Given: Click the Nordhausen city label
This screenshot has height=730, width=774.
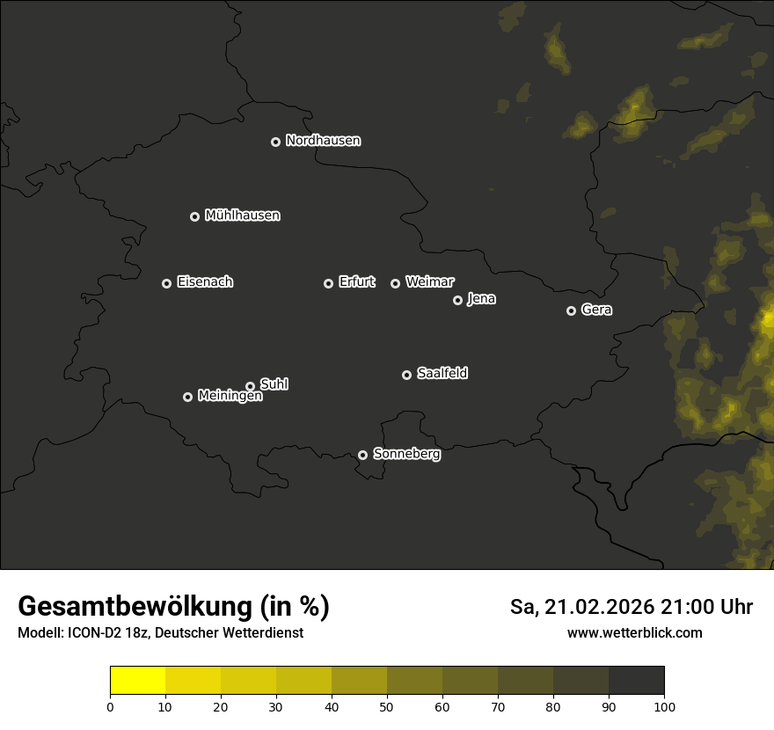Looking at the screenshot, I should (323, 141).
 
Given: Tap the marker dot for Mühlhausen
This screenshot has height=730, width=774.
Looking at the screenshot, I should (194, 216).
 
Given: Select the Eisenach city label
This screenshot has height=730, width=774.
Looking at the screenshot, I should (205, 282).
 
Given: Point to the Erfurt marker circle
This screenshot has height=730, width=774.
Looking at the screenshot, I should (328, 283).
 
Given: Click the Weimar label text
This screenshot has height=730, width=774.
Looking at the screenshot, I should (429, 282).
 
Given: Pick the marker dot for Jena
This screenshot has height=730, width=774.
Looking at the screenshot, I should (457, 300).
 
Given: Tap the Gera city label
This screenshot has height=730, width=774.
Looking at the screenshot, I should (596, 310).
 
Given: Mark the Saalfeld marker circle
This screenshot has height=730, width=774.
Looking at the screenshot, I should (406, 375).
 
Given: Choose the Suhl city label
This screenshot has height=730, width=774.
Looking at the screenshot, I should (274, 384).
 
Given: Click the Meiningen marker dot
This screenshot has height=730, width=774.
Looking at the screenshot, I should (187, 397).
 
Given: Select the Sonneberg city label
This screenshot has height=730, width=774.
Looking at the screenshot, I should (406, 454).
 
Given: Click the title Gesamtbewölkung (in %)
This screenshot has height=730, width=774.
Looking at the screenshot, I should (173, 607).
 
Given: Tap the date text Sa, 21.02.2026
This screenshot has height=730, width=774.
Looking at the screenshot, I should (581, 607).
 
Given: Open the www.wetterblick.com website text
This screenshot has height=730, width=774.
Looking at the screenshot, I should (634, 632).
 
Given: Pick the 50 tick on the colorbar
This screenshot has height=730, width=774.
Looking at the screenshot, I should (387, 705).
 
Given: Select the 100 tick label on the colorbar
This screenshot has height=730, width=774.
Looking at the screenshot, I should (664, 705).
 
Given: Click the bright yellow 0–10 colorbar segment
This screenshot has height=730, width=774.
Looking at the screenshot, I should (138, 681).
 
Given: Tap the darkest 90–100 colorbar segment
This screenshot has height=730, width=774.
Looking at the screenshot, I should (636, 681).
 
